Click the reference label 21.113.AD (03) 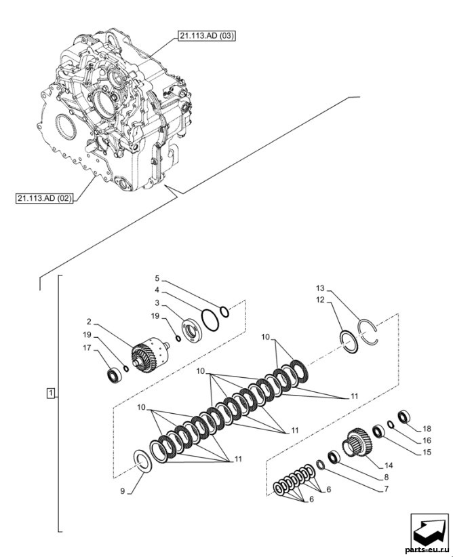[x=207, y=36]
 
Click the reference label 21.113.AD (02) [x=44, y=198]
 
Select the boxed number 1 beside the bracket [x=51, y=393]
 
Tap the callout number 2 [x=89, y=322]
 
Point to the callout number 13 [x=320, y=288]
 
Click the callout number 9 [x=123, y=491]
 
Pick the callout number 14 [x=389, y=465]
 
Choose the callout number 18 [x=427, y=429]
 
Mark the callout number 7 [x=387, y=489]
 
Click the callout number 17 [x=87, y=348]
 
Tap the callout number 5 [x=157, y=277]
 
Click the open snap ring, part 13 [x=368, y=331]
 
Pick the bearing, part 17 [x=115, y=375]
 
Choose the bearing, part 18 [x=404, y=417]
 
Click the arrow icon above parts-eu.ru [x=429, y=531]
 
